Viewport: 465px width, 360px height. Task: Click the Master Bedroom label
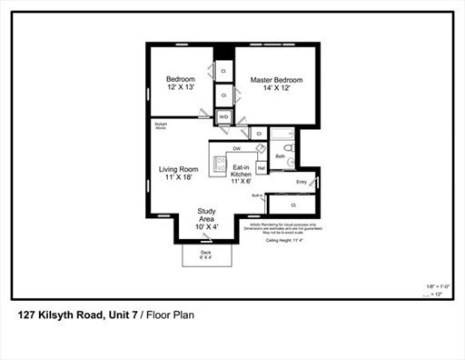275,85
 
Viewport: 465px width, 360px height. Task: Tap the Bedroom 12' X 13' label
180,85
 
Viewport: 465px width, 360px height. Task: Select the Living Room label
178,174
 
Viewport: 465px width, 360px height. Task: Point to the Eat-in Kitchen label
241,174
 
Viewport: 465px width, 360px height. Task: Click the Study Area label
206,220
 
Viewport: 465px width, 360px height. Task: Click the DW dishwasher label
236,148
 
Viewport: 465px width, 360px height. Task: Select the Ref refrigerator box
261,167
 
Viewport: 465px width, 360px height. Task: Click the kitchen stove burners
219,165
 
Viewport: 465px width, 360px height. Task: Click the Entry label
302,182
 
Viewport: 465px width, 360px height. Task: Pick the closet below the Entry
294,205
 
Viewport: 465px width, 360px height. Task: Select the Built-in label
258,195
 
